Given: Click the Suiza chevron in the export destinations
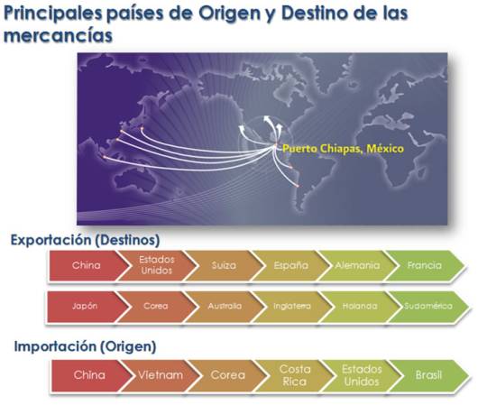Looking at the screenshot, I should coord(224,266).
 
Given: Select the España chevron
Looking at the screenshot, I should coord(291,266).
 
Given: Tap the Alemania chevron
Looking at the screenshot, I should coord(357,266).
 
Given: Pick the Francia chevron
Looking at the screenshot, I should coord(424,266).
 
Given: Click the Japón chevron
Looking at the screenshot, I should coord(86,306).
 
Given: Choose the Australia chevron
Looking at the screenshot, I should coord(225,306).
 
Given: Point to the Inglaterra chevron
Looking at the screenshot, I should coord(291,306).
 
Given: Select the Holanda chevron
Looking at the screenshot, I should coord(358,306).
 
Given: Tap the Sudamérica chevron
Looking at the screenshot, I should coord(426,306).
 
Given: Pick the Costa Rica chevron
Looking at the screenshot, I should coord(295,374).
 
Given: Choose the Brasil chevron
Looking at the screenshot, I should coord(428,374).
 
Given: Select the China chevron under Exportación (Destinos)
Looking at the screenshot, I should coord(86,266).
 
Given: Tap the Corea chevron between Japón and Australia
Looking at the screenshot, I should coord(156,306).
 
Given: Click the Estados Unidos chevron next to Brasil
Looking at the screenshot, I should coord(362,374).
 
